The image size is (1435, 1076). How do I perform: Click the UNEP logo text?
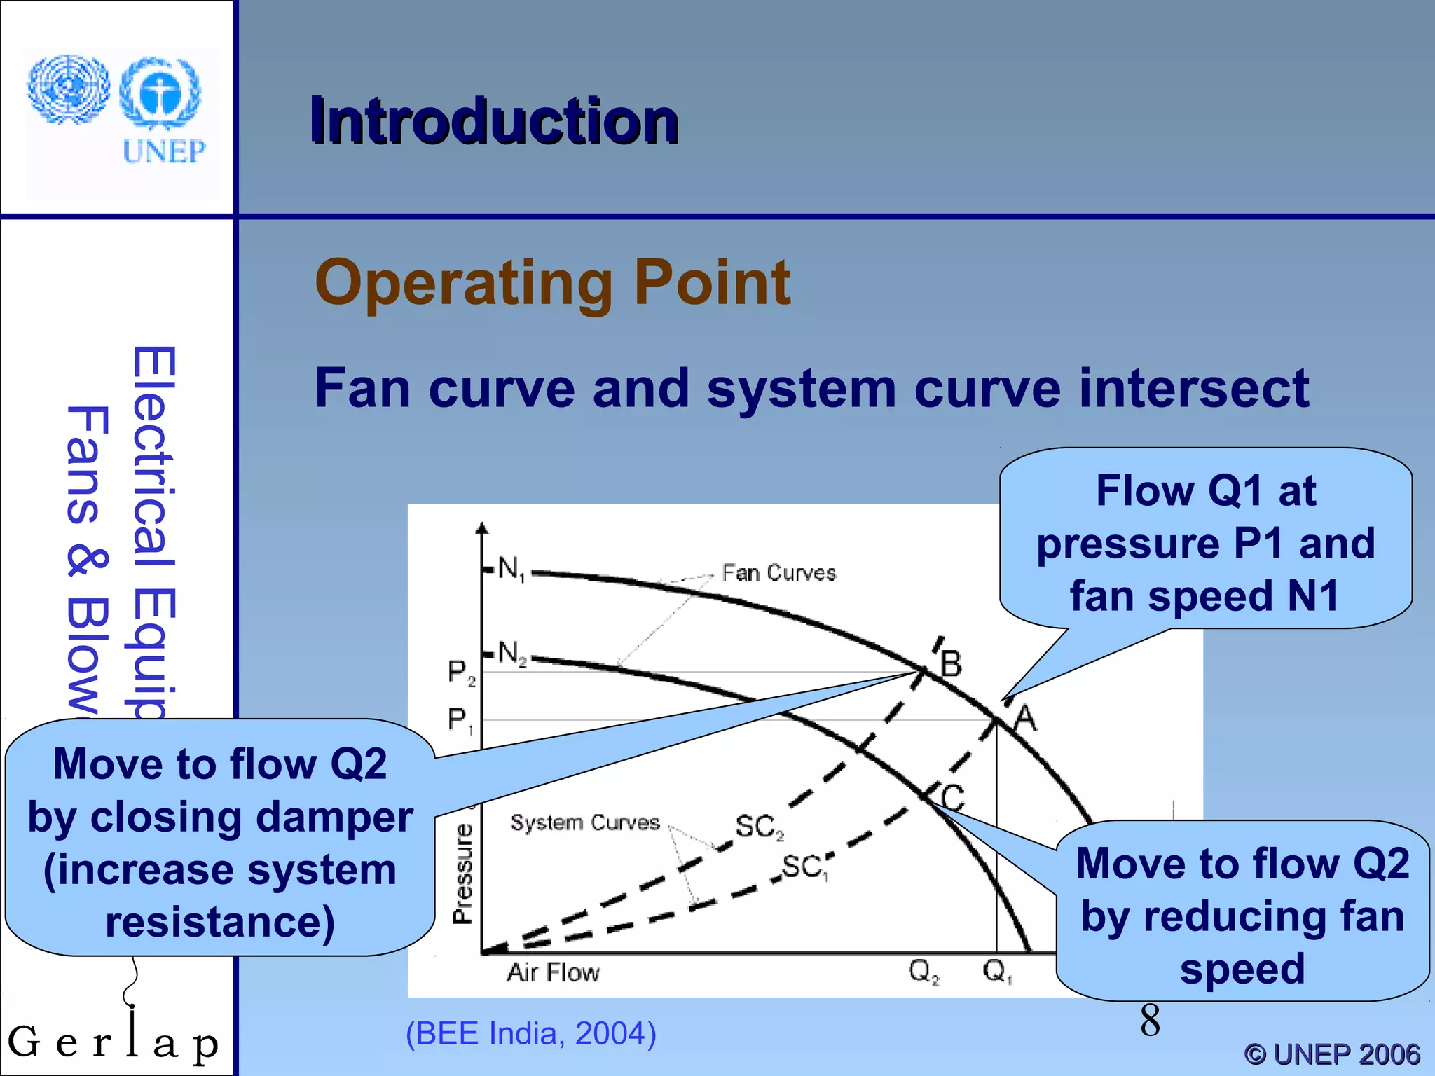tap(164, 151)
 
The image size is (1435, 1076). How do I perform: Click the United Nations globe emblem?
tap(68, 90)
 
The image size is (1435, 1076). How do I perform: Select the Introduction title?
tap(494, 121)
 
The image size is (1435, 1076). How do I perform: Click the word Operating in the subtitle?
tap(463, 282)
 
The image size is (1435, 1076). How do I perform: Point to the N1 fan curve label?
tap(511, 569)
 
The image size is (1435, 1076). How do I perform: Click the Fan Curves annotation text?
tap(778, 573)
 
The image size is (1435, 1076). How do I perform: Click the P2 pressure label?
tap(460, 672)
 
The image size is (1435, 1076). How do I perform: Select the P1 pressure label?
tap(460, 719)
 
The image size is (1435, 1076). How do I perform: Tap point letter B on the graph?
tap(951, 663)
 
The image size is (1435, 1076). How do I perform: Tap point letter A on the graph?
tap(1024, 718)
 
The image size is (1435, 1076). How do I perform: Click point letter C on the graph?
tap(952, 797)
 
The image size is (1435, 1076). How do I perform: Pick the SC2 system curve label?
tap(759, 827)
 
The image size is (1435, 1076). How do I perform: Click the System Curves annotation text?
tap(584, 822)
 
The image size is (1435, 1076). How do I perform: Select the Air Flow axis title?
tap(553, 972)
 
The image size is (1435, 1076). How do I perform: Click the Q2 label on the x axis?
tap(923, 971)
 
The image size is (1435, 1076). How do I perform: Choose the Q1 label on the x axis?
tap(996, 971)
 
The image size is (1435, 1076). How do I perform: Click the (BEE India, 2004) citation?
tap(530, 1033)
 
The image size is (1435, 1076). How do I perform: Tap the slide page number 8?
tap(1150, 1020)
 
